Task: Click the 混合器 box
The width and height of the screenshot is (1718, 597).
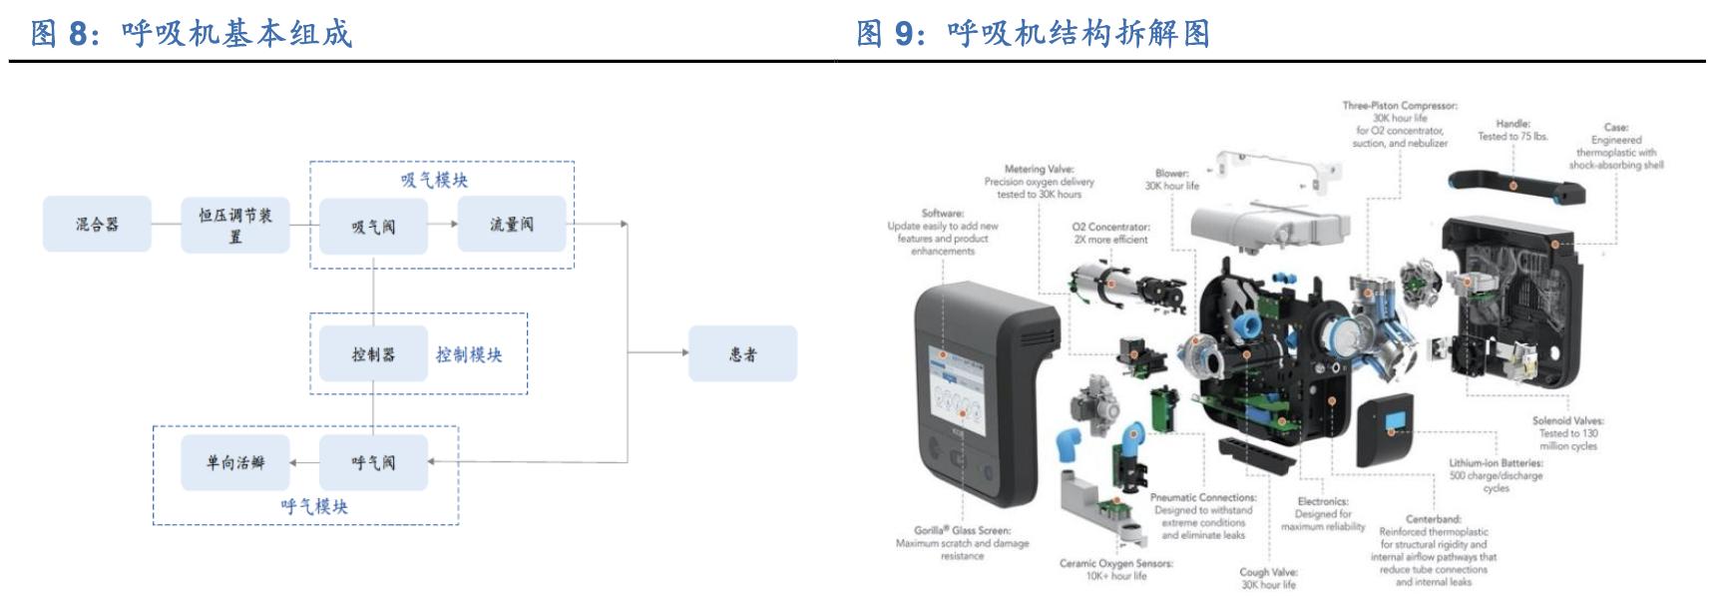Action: tap(97, 224)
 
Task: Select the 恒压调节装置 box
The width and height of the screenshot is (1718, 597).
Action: tap(235, 224)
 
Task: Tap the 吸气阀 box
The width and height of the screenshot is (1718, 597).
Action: tap(373, 226)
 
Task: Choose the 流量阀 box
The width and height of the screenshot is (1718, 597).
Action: tap(511, 224)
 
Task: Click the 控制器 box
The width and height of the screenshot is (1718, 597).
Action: tap(373, 353)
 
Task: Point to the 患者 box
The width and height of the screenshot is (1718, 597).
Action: tap(742, 353)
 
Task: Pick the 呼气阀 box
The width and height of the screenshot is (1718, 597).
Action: tap(373, 462)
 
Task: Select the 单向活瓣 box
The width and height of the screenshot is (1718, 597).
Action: tap(235, 462)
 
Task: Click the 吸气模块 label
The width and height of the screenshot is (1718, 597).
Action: tap(434, 180)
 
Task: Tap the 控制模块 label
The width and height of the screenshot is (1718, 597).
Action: tap(469, 354)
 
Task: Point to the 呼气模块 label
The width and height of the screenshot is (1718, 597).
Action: tap(314, 506)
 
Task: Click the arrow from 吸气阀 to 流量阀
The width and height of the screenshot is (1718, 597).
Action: tap(442, 225)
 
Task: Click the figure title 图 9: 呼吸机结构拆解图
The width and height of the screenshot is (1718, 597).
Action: tap(1033, 33)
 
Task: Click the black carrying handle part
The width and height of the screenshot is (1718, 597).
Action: tap(1512, 185)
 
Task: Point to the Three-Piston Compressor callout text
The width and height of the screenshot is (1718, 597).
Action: tap(1400, 124)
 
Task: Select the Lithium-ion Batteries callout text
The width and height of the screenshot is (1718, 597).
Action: tap(1496, 475)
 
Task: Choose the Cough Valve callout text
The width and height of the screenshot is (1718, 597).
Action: tap(1268, 578)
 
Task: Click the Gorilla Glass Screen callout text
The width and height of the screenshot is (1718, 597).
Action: tap(962, 543)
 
